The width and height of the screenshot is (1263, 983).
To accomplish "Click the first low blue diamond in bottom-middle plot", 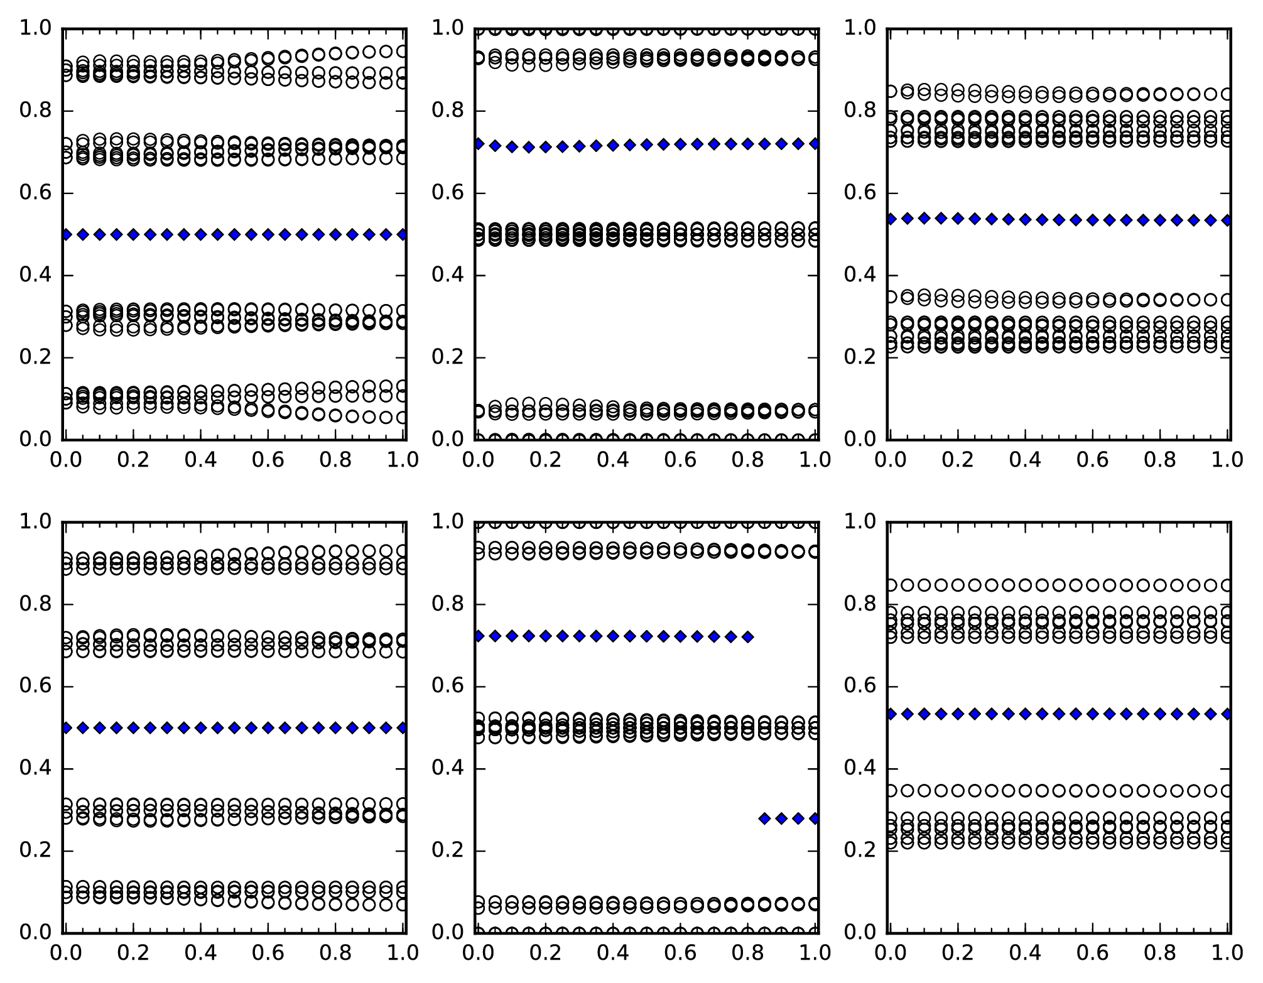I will [x=764, y=818].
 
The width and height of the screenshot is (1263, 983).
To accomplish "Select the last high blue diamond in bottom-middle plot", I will [x=747, y=637].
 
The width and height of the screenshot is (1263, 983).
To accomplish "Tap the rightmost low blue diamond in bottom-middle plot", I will [x=815, y=818].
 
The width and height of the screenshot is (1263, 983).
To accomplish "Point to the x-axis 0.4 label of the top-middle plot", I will [x=612, y=460].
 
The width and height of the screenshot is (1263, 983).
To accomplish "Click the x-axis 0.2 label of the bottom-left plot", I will [x=133, y=953].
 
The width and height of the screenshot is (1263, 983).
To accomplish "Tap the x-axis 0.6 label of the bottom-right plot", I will [x=1093, y=953].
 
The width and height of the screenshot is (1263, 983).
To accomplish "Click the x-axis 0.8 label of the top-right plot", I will [x=1161, y=460].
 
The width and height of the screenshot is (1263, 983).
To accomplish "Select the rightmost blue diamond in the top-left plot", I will [x=403, y=234].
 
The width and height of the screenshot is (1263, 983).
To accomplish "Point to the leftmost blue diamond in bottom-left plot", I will [x=66, y=728].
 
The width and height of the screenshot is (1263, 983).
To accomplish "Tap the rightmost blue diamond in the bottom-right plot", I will [x=1227, y=714].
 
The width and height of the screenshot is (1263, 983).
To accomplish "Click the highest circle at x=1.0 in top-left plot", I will [x=403, y=52].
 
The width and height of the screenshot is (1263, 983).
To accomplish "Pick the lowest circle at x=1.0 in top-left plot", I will [x=403, y=417].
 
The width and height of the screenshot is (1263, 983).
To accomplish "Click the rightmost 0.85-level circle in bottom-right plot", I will [x=1227, y=585].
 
